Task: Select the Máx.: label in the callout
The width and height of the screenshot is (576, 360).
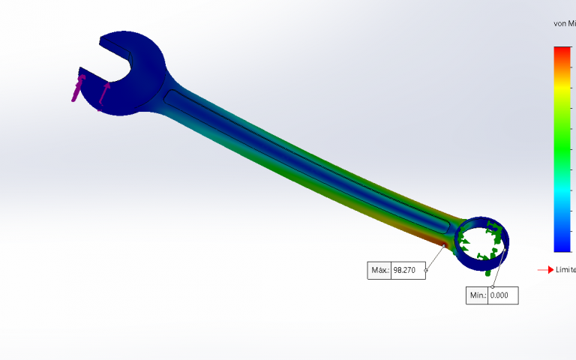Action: pos(379,270)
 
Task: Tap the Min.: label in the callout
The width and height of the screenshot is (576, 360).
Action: pos(477,295)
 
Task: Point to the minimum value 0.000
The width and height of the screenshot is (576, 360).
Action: pos(500,295)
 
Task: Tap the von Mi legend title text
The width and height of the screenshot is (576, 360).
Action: pos(564,24)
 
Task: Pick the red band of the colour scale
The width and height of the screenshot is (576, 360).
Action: pos(562,54)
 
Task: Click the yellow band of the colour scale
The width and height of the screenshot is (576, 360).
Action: pos(562,90)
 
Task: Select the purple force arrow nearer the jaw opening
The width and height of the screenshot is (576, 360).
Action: pos(103,94)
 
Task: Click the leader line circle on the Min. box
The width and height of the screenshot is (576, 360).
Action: pos(492,286)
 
